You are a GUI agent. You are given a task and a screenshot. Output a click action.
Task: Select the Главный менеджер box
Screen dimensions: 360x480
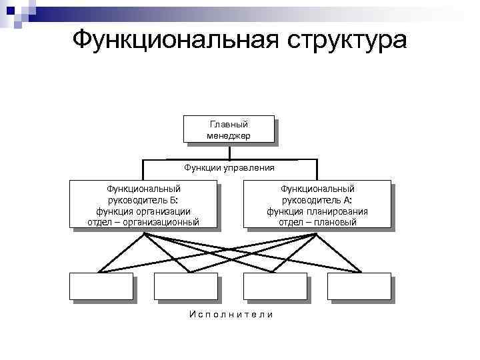229,129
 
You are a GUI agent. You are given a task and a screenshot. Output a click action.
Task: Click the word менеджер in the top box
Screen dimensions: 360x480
229,135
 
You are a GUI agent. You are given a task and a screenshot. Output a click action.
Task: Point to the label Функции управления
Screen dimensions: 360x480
229,167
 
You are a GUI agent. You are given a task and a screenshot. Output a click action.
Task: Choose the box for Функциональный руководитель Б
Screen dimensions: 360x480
144,205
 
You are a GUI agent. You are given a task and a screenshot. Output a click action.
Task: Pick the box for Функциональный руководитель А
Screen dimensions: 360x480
317,205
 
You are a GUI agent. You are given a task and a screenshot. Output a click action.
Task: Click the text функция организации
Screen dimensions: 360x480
144,211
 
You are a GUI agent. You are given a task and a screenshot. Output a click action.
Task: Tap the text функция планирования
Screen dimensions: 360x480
317,211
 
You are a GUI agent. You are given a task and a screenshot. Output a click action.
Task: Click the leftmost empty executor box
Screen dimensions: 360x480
101,286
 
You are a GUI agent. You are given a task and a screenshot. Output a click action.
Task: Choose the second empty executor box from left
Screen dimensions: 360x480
185,286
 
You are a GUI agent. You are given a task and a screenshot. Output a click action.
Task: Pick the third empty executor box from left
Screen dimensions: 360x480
275,286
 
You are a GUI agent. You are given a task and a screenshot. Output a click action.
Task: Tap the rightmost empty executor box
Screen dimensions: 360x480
359,286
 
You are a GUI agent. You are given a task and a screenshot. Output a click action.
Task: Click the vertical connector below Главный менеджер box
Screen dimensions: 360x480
229,151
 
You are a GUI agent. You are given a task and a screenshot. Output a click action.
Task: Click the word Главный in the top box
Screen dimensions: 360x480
229,125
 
